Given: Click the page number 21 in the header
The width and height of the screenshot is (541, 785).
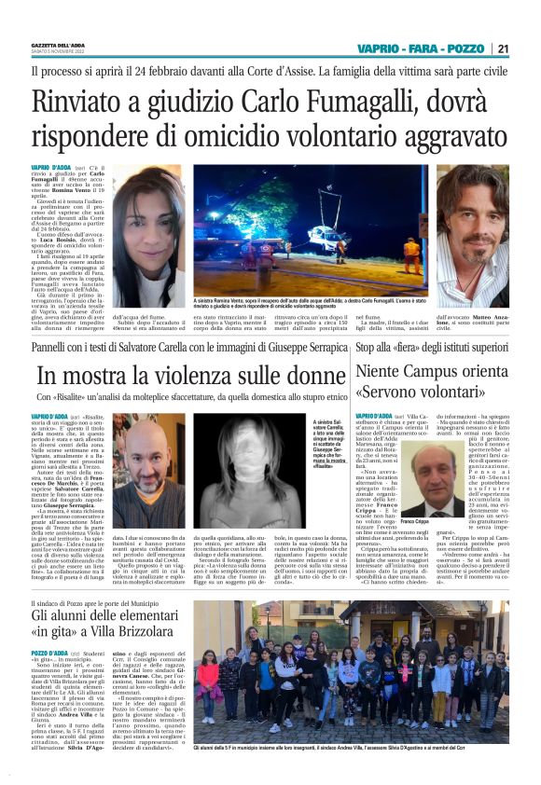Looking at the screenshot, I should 503,48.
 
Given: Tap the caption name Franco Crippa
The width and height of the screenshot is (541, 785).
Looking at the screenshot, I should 414,524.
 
